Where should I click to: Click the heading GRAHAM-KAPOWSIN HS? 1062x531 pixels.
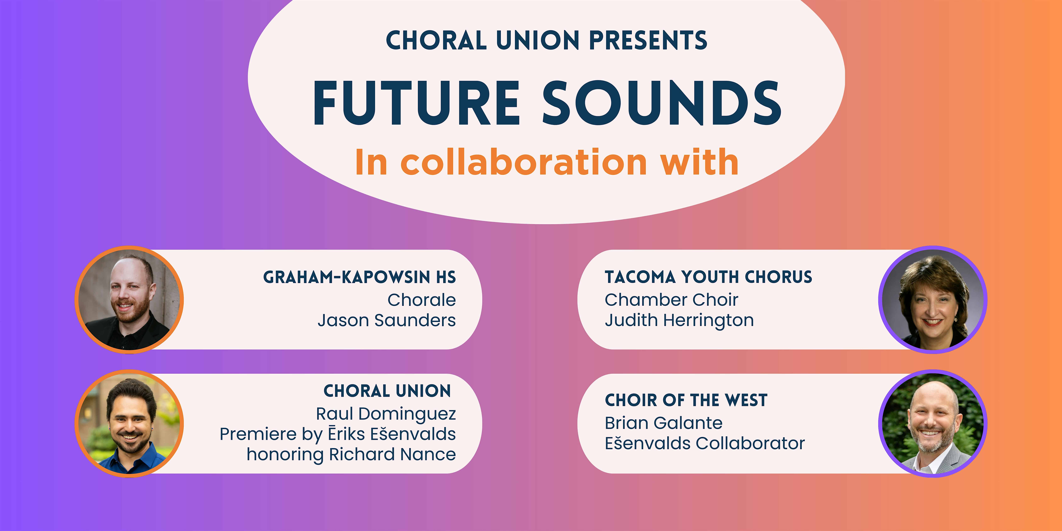point(360,277)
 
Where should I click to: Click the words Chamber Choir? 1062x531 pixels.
point(671,300)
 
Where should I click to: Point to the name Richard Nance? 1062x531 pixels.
point(393,454)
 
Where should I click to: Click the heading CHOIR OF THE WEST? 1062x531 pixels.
point(686,400)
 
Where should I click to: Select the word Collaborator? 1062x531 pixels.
point(750,444)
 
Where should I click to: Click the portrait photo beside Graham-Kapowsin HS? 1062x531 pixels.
point(129,300)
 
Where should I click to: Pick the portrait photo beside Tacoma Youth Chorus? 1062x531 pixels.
point(933,300)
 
